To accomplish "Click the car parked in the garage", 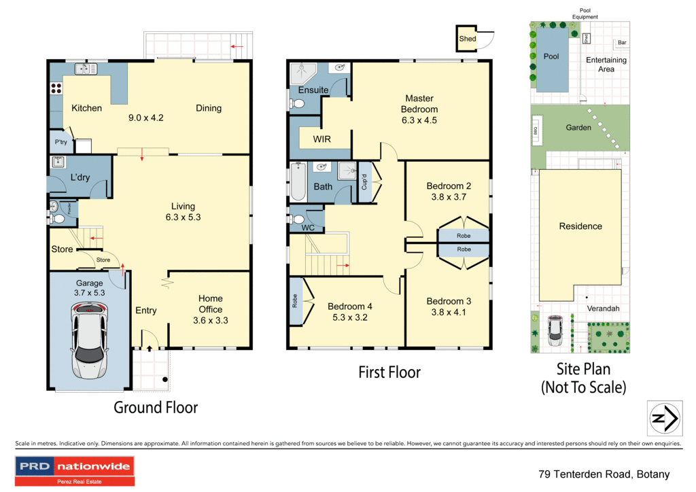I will coord(90,340).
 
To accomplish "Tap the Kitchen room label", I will coord(87,108).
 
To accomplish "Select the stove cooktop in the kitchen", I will coord(55,88).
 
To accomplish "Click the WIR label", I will coord(321,139).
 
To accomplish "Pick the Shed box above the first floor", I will coord(468,39).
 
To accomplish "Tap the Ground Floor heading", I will coord(156,408).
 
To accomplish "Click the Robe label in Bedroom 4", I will coord(294,301).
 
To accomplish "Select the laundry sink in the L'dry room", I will coord(57,162).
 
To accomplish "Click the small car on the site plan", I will coord(555,328).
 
